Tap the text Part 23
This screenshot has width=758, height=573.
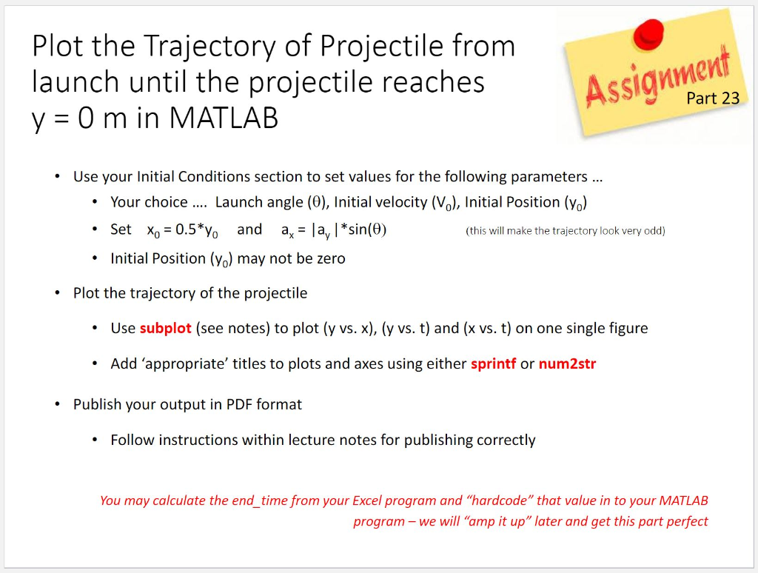[712, 98]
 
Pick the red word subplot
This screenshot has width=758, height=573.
[165, 328]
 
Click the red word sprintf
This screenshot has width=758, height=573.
[493, 363]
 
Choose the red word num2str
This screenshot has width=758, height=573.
[567, 363]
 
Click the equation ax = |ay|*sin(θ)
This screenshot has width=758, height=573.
[334, 230]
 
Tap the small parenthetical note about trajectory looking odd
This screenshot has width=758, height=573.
[565, 231]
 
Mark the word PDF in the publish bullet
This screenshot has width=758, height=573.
[240, 404]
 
